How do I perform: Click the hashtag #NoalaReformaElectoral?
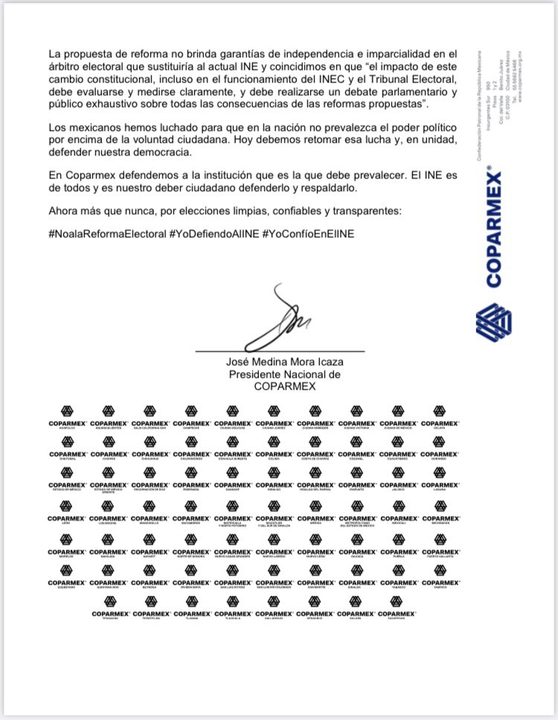coord(107,234)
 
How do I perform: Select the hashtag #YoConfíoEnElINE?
coord(308,234)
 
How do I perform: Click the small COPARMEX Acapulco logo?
coord(69,414)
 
